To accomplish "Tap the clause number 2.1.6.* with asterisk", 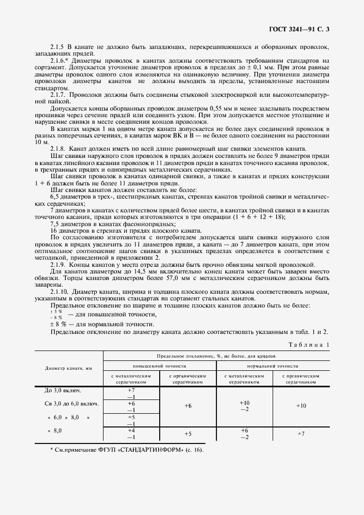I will tap(60, 61).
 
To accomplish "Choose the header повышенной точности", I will tap(160, 365).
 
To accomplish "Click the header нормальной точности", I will tap(273, 365).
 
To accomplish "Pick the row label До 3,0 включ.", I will tap(62, 391).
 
